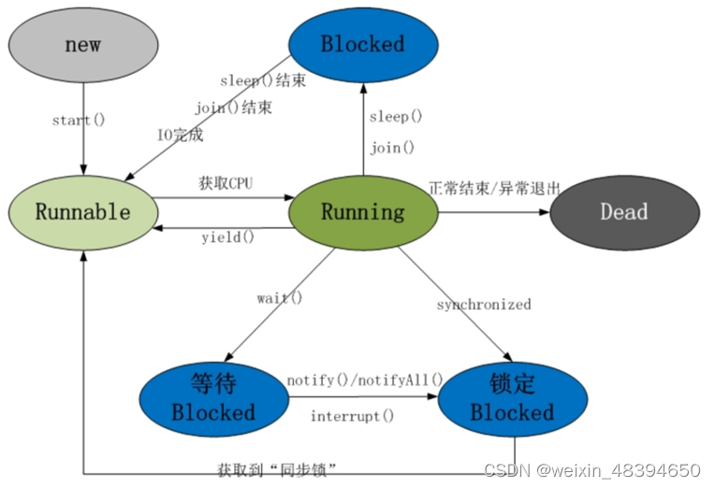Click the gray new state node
click(82, 45)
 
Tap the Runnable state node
click(82, 211)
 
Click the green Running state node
click(363, 211)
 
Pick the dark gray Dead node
click(623, 211)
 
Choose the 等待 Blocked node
click(212, 398)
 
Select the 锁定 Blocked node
click(513, 398)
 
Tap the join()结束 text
click(234, 108)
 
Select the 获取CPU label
click(226, 182)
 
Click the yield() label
click(227, 237)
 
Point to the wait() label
click(280, 298)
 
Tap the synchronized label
click(484, 305)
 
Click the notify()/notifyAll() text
click(364, 380)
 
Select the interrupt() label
click(352, 416)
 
